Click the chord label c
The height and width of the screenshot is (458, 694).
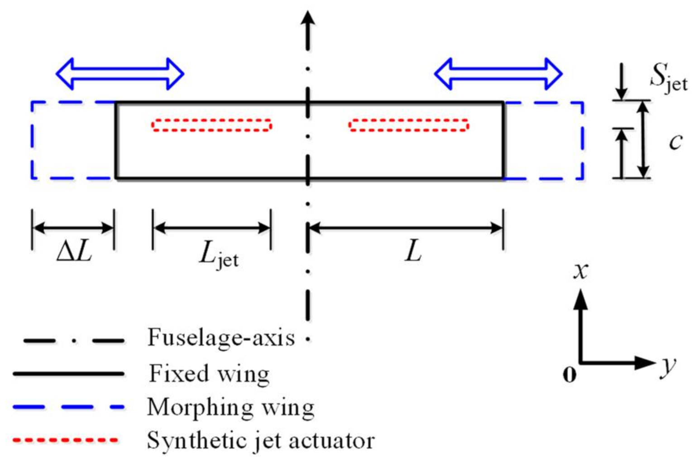pyautogui.click(x=675, y=142)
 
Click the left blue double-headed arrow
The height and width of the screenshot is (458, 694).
pyautogui.click(x=120, y=73)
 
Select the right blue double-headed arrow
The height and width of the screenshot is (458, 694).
pyautogui.click(x=498, y=73)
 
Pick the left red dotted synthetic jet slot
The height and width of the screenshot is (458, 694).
pyautogui.click(x=211, y=125)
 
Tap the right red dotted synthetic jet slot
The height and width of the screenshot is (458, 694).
pyautogui.click(x=408, y=125)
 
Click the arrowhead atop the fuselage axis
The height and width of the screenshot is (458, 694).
pyautogui.click(x=308, y=20)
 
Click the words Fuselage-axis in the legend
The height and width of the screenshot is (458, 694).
pyautogui.click(x=221, y=337)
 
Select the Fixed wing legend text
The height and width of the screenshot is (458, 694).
pyautogui.click(x=209, y=374)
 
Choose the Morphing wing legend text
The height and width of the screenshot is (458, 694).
pyautogui.click(x=230, y=407)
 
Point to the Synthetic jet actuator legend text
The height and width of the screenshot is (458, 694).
pyautogui.click(x=261, y=440)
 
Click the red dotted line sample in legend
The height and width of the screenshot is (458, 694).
pyautogui.click(x=66, y=440)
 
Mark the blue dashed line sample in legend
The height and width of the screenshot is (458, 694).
pyautogui.click(x=68, y=407)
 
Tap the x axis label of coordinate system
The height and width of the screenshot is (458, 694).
pyautogui.click(x=580, y=271)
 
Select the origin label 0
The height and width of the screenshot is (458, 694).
pyautogui.click(x=569, y=374)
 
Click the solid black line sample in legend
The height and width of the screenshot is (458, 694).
pyautogui.click(x=68, y=374)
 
